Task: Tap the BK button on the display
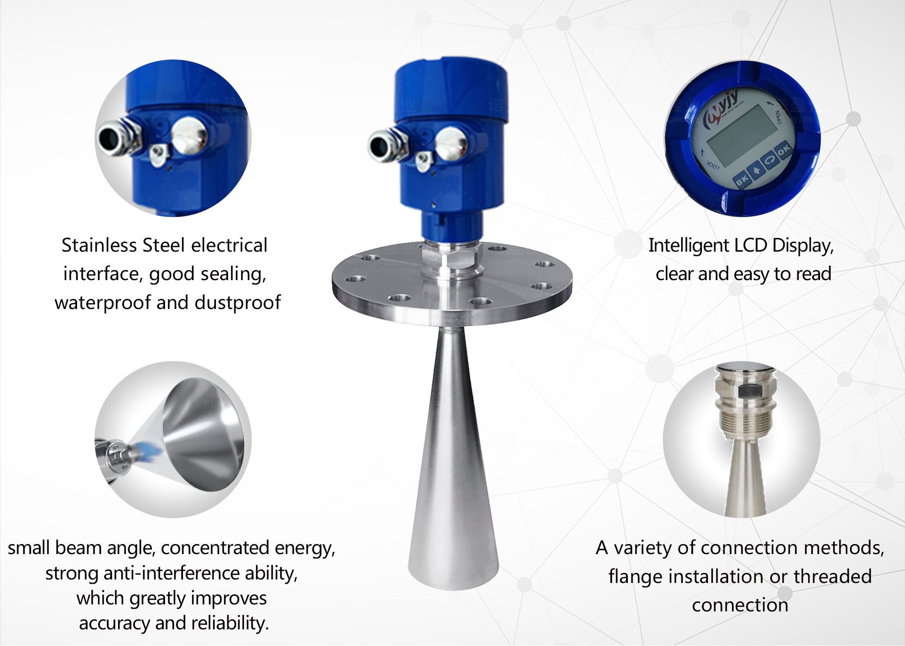tap(742, 180)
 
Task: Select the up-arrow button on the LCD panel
tap(756, 171)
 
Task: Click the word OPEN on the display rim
tap(779, 117)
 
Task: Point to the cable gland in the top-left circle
tap(116, 138)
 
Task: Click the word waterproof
tap(102, 302)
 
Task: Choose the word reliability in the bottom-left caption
tap(230, 623)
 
